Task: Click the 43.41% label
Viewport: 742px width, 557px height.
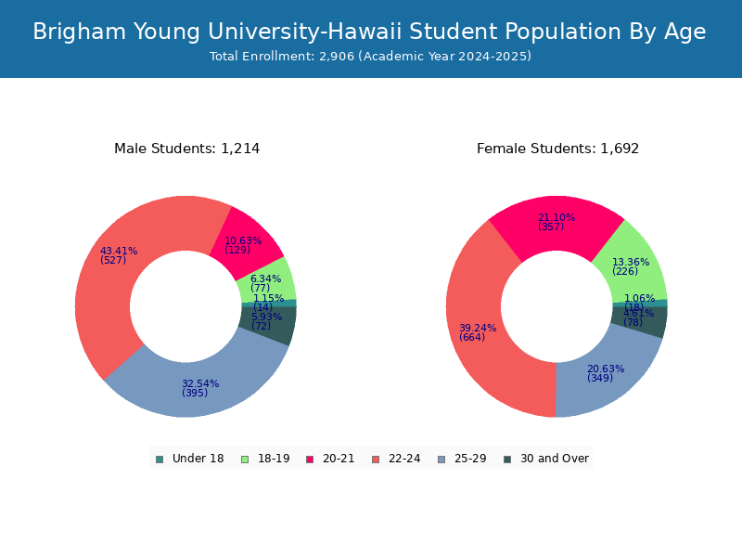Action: click(119, 251)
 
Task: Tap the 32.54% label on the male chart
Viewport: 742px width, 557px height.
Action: click(200, 383)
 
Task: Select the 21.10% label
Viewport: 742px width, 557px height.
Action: click(556, 218)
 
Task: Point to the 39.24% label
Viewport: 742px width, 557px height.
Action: click(478, 328)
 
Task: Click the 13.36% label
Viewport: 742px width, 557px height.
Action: click(631, 262)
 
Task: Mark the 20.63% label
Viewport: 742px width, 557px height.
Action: click(606, 369)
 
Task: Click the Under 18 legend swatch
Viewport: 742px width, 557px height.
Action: click(160, 459)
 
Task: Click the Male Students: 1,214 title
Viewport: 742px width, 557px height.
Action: click(186, 149)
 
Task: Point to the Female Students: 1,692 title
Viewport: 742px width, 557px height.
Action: click(557, 149)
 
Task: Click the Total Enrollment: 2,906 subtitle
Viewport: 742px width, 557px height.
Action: click(371, 57)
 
